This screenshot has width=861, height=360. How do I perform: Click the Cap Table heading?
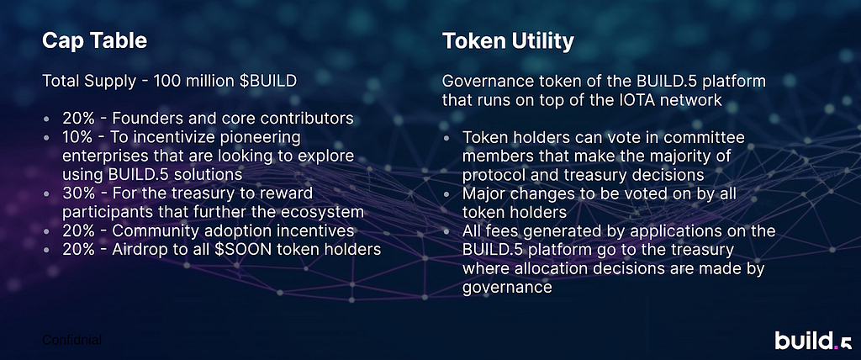[94, 41]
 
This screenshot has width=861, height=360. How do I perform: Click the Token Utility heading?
[509, 42]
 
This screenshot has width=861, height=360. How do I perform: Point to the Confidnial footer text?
[72, 340]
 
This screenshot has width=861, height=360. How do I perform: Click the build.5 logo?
[814, 340]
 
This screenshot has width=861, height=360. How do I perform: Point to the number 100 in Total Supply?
[166, 82]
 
